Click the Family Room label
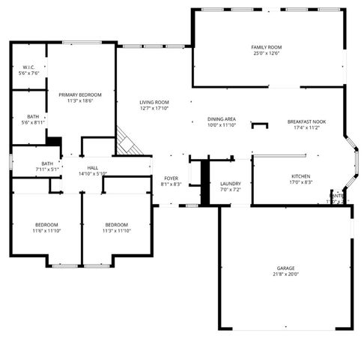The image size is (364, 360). pyautogui.click(x=266, y=47)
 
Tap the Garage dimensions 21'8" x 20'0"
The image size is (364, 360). pyautogui.click(x=285, y=274)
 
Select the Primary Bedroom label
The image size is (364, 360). pyautogui.click(x=79, y=94)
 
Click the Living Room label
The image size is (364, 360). pyautogui.click(x=154, y=103)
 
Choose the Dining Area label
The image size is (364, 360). pyautogui.click(x=222, y=119)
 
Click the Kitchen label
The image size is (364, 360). pyautogui.click(x=300, y=176)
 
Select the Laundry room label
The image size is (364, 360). pyautogui.click(x=230, y=184)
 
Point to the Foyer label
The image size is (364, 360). pyautogui.click(x=172, y=178)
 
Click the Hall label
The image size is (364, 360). pyautogui.click(x=93, y=168)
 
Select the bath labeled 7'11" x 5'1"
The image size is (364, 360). pyautogui.click(x=47, y=163)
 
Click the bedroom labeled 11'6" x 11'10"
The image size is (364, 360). pyautogui.click(x=46, y=225)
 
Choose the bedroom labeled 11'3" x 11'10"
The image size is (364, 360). pyautogui.click(x=116, y=225)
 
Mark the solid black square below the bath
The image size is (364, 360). pyautogui.click(x=53, y=140)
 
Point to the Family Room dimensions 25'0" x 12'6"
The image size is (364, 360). pyautogui.click(x=266, y=53)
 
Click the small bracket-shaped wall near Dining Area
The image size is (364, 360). pyautogui.click(x=259, y=124)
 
